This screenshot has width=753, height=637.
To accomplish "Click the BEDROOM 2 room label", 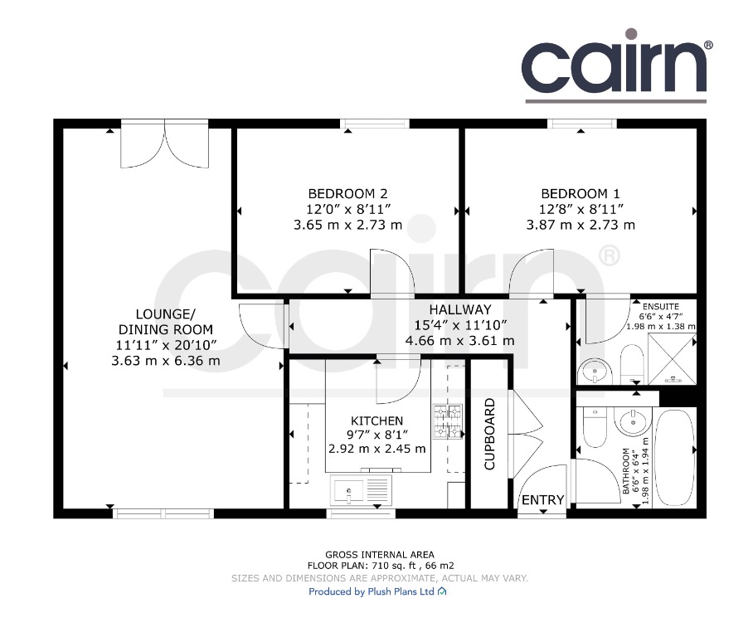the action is (347, 193).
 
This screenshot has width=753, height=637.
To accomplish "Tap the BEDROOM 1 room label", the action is (581, 193).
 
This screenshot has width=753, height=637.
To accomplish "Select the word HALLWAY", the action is (460, 309).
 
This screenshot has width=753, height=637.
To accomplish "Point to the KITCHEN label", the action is (377, 421).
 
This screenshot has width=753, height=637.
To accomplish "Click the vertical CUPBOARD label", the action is (489, 434).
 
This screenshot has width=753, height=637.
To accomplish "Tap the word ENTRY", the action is (542, 500).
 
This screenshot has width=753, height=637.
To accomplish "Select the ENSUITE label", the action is (661, 307).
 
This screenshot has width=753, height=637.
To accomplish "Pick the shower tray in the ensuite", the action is (672, 359).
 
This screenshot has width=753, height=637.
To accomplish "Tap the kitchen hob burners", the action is (448, 422).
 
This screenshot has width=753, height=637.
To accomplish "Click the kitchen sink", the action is (361, 489).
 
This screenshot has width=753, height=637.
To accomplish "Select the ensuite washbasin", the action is (595, 372).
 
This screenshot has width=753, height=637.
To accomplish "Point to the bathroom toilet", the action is (595, 424).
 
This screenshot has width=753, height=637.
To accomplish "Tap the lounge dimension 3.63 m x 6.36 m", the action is (166, 361).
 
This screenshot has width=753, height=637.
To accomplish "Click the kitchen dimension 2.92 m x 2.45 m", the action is (377, 449).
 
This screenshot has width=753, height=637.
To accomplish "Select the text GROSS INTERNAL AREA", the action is (379, 555).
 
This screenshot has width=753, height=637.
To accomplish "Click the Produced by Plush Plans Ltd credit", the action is (377, 591).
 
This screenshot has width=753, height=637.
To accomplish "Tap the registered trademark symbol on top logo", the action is (708, 45).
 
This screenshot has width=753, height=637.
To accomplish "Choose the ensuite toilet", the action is (631, 365).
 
